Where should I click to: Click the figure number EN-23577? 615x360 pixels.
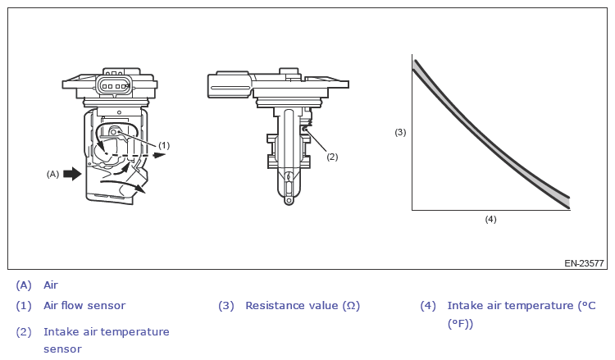[584, 264]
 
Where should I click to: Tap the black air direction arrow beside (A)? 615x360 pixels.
[73, 174]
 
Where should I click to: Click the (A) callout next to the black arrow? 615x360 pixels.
[52, 174]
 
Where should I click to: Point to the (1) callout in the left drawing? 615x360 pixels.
[164, 145]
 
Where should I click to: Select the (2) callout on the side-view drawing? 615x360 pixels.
[332, 156]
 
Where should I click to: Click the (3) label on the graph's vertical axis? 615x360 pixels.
[400, 132]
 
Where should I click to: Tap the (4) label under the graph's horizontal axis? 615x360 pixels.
[490, 219]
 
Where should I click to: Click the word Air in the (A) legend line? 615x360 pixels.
[51, 285]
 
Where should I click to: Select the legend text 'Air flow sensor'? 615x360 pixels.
[84, 306]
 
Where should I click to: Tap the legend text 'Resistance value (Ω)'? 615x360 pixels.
[303, 306]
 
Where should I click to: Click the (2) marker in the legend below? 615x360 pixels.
[24, 332]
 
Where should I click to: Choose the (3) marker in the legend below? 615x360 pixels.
[226, 306]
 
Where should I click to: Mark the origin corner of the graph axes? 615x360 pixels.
[412, 211]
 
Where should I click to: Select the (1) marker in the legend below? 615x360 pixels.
[24, 306]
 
